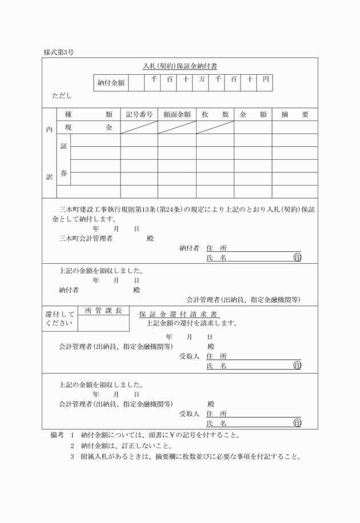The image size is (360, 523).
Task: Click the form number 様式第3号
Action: point(58,52)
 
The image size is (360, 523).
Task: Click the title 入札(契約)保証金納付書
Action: point(180,66)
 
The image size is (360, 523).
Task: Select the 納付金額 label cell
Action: point(111,83)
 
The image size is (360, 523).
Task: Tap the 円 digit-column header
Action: point(265,80)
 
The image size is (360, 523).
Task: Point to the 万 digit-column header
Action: point(202,80)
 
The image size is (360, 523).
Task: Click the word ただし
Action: point(62,96)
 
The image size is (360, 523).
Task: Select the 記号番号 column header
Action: point(139,114)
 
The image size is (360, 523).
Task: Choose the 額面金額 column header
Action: point(177,114)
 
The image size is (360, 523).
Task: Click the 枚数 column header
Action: point(215,114)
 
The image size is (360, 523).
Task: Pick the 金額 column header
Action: point(253,114)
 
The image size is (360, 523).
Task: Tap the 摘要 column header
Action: point(294,114)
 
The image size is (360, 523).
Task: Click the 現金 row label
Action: point(88,127)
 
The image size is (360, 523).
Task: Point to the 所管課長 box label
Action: point(103,311)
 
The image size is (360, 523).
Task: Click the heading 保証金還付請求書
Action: point(179,314)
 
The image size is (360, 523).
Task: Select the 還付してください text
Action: point(59,319)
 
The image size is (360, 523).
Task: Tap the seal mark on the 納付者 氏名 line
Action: point(297,258)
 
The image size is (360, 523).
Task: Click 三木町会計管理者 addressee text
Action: point(86,238)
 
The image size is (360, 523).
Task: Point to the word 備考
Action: point(57,435)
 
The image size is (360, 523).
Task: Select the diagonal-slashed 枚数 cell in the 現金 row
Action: point(215,127)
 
